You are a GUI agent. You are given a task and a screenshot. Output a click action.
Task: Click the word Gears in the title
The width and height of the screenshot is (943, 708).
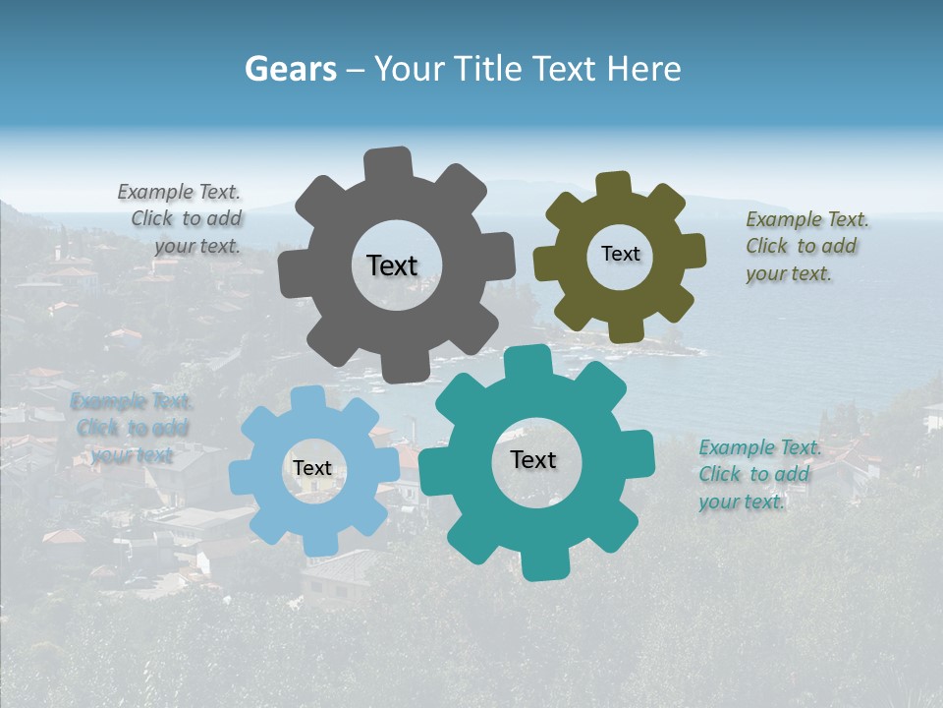coord(291,69)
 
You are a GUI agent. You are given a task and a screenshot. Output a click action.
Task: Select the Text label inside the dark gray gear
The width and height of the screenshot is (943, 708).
coord(392,265)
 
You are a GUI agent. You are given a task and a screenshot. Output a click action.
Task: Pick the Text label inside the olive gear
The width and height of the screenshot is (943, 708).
coord(620,254)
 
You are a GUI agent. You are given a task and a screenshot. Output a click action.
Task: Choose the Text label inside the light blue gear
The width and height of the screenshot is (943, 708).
coord(312,469)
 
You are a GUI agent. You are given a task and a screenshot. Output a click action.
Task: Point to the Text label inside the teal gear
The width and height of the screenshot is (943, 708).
coord(533,460)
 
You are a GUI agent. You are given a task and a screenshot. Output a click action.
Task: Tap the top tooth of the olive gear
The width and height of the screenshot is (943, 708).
coord(614,185)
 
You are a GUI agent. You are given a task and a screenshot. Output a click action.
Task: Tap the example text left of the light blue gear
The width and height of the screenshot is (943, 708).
coord(131,428)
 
